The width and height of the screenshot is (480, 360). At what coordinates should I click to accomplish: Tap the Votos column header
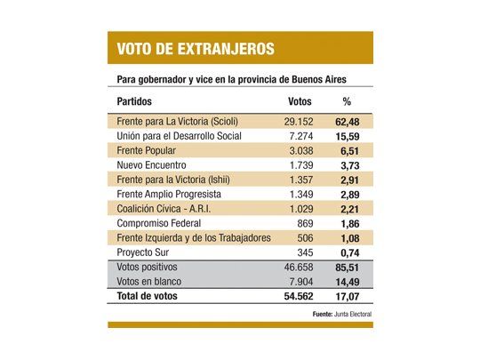tap(301, 101)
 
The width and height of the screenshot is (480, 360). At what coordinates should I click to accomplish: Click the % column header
tap(347, 101)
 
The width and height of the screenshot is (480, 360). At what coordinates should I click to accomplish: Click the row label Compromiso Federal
tap(159, 223)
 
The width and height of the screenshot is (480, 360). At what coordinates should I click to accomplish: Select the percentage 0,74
tap(349, 252)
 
